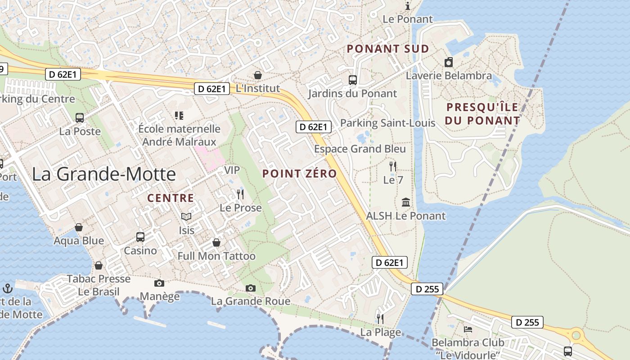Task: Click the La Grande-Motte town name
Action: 103,174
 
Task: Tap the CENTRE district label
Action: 171,198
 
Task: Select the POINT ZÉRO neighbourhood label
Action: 300,174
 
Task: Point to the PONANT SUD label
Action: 388,49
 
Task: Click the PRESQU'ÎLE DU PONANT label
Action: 482,114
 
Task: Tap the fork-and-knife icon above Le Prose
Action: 240,194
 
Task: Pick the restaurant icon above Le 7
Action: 393,166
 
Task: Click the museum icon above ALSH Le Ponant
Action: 406,202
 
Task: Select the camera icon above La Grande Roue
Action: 251,288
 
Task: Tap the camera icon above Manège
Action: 159,283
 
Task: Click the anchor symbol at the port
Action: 8,288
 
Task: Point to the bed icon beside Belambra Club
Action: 468,329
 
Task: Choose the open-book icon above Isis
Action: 186,217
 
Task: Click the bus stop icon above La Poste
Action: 80,118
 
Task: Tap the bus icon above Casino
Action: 140,237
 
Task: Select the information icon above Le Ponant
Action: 408,6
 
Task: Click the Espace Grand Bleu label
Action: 360,149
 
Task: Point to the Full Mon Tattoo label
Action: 216,256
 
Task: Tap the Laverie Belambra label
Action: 449,76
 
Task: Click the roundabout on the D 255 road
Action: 576,335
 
